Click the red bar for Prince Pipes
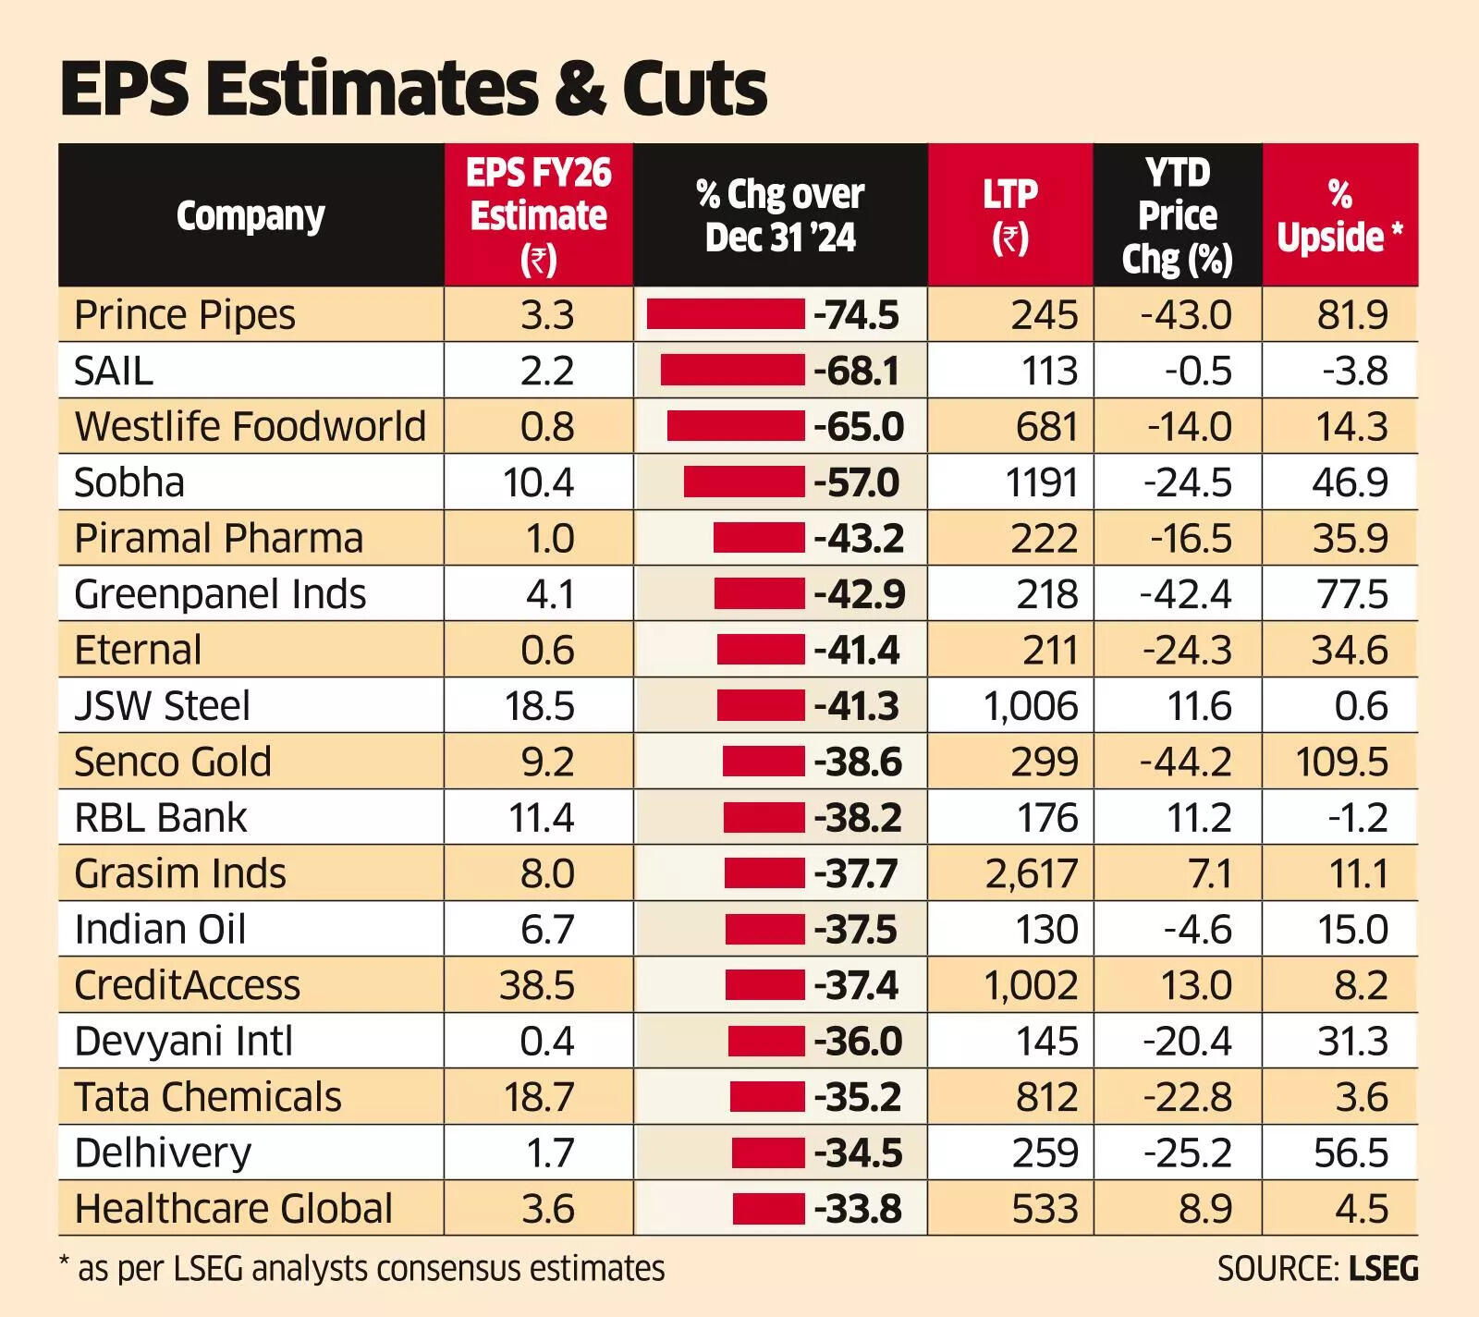[x=725, y=314]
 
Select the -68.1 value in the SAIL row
[x=856, y=371]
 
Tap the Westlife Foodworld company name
[x=250, y=426]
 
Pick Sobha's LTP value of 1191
[x=1041, y=482]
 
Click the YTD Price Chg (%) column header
[x=1177, y=215]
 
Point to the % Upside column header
[x=1339, y=215]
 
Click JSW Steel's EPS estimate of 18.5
[x=540, y=706]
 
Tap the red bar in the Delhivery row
[x=767, y=1152]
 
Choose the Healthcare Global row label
[x=233, y=1208]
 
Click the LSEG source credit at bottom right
[x=1317, y=1268]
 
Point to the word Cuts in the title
[x=694, y=89]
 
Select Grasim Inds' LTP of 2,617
[x=1031, y=873]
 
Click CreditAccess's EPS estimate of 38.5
[x=537, y=985]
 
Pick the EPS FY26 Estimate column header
[x=539, y=215]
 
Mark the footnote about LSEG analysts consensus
[x=361, y=1268]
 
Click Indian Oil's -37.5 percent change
[x=855, y=929]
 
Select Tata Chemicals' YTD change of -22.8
[x=1187, y=1097]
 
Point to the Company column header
[x=251, y=215]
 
